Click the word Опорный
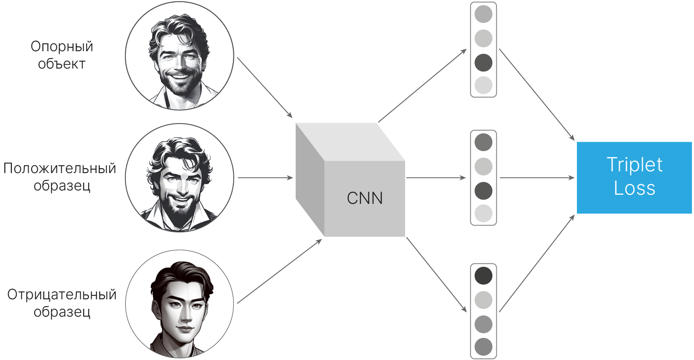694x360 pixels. click(62, 46)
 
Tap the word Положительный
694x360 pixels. click(59, 168)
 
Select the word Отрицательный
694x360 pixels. click(62, 295)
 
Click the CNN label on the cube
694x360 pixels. click(365, 198)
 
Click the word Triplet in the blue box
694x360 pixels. click(634, 165)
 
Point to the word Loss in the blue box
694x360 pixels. click(634, 188)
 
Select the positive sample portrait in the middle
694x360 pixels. click(180, 178)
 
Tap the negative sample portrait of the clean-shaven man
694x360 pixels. click(180, 304)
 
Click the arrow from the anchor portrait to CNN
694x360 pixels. click(265, 87)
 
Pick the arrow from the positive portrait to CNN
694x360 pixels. click(265, 177)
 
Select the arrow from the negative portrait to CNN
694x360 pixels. click(279, 272)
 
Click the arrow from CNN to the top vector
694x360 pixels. click(422, 86)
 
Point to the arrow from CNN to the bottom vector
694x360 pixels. click(436, 274)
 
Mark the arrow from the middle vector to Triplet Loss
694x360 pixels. click(537, 177)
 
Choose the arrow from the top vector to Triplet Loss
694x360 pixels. click(537, 95)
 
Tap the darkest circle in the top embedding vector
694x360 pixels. click(483, 62)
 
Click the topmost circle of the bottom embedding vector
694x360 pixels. click(483, 275)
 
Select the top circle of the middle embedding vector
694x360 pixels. click(483, 142)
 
